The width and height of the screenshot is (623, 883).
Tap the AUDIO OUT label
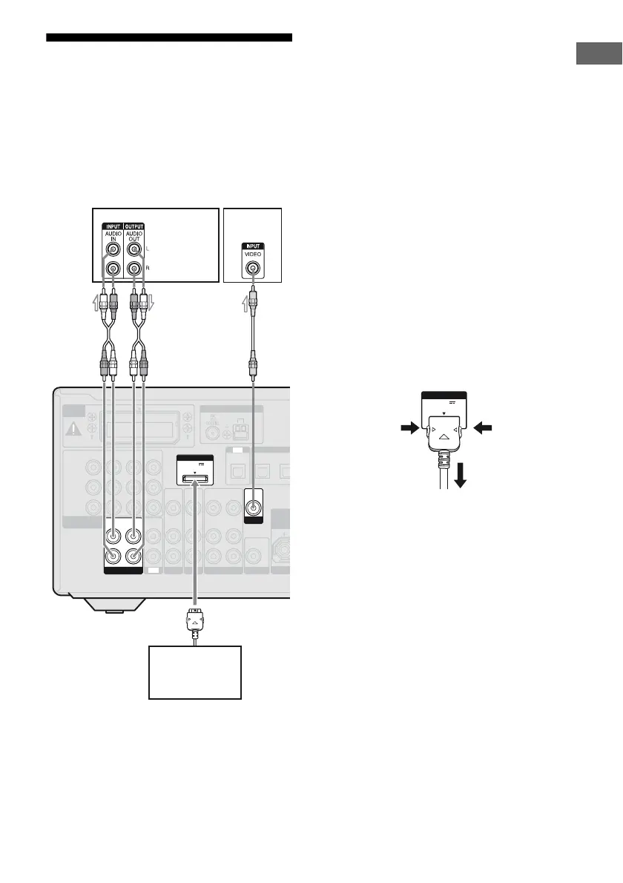[134, 237]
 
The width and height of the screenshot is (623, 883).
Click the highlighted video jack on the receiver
[253, 509]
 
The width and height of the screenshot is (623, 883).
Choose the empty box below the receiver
[195, 672]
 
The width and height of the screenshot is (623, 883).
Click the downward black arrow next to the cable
[461, 479]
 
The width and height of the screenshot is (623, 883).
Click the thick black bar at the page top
[169, 37]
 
